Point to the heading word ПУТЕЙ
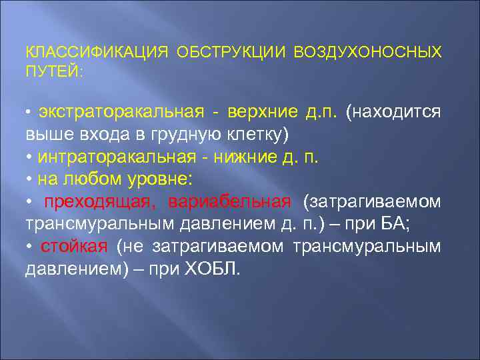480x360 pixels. (53, 71)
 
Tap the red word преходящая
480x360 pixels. (99, 202)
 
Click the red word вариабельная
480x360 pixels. (229, 202)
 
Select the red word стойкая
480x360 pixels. (73, 247)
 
